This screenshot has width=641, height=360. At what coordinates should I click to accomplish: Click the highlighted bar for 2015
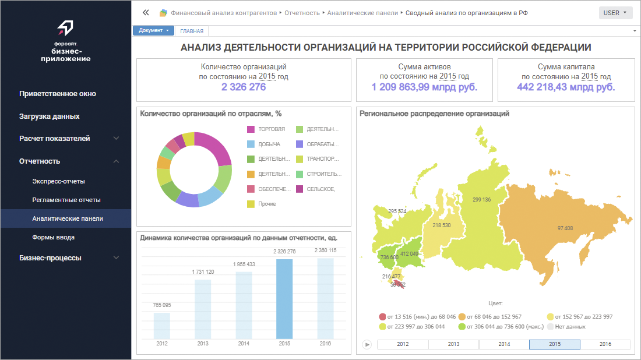(284, 298)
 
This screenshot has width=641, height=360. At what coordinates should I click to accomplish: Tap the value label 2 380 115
(325, 250)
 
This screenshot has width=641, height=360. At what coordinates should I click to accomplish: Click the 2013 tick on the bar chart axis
(203, 344)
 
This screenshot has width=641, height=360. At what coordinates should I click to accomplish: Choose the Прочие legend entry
(267, 204)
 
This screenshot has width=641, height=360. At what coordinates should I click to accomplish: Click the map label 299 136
(482, 200)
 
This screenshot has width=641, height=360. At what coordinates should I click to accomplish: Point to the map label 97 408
(565, 228)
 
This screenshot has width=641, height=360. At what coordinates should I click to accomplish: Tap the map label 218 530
(441, 225)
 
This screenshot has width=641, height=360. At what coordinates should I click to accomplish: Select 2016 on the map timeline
(605, 344)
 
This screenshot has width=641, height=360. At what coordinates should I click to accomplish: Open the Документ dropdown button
(154, 31)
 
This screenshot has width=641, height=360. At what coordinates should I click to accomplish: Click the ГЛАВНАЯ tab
(192, 31)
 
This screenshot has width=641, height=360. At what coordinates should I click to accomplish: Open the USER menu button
(615, 13)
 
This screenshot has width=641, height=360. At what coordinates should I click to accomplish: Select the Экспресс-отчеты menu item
(59, 181)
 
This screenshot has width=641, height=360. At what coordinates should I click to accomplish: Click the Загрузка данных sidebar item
(50, 117)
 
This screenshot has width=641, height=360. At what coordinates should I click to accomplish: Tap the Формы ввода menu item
(54, 237)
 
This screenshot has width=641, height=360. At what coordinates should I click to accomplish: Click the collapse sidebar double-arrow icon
(146, 12)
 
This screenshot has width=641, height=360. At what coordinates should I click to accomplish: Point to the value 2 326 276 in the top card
(244, 87)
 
